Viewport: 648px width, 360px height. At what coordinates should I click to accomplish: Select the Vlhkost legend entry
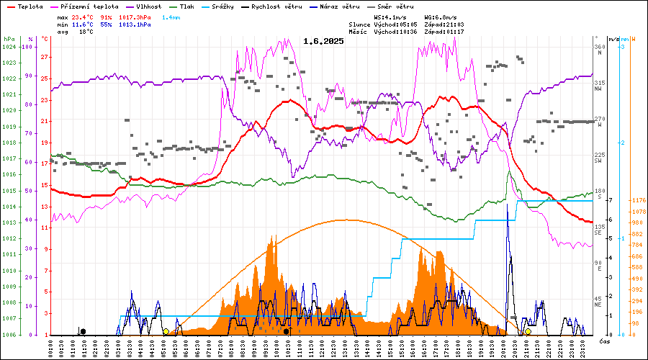point(148,6)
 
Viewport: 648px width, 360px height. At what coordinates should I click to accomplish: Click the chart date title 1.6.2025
point(323,41)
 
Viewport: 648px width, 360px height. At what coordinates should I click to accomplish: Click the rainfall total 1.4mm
point(171,17)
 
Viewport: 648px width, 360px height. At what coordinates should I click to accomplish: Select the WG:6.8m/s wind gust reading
point(441,17)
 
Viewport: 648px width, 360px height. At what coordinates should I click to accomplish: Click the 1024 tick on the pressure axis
point(9,47)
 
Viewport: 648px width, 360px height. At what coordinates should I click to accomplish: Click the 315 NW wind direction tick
point(599,85)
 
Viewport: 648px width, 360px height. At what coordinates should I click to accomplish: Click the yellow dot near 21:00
point(528,331)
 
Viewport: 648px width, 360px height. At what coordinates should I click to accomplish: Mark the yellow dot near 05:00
point(166,331)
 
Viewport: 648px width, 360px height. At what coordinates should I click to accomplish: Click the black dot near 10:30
point(287,331)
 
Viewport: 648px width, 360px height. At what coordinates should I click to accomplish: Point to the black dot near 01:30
point(83,331)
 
